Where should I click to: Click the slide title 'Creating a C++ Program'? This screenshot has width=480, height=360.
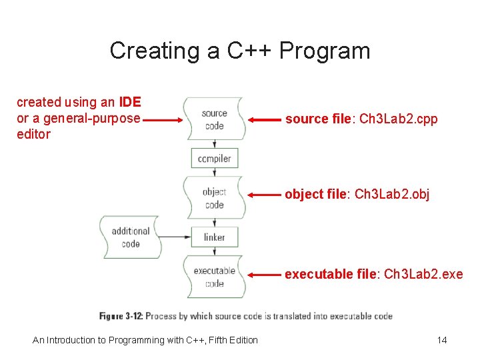tap(239, 51)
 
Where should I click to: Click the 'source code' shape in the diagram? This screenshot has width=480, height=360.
tap(214, 119)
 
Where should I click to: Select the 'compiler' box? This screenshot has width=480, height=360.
tap(214, 159)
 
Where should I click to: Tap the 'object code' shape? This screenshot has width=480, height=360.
tap(214, 198)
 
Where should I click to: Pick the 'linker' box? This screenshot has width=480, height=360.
tap(214, 237)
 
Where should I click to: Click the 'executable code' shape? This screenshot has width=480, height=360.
tap(214, 277)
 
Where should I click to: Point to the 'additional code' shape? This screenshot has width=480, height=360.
tap(130, 237)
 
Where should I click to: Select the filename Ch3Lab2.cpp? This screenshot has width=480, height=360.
tap(398, 119)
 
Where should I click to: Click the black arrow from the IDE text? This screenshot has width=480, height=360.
tap(163, 121)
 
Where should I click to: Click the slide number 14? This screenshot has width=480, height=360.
tap(441, 340)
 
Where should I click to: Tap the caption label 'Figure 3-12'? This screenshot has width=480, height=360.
tap(121, 316)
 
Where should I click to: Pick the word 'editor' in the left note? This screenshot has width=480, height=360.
tap(33, 135)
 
